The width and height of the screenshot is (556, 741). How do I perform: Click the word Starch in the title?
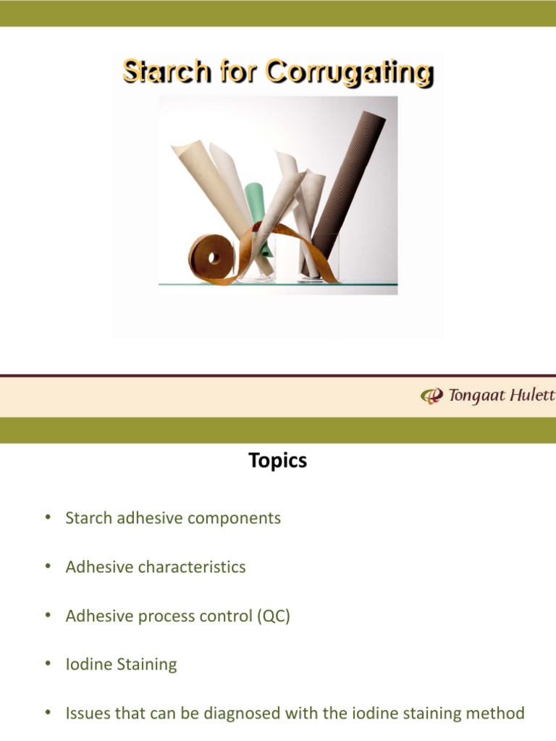(x=157, y=72)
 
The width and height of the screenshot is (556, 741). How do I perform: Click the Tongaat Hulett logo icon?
(x=431, y=396)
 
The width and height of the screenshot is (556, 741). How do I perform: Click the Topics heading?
(x=278, y=460)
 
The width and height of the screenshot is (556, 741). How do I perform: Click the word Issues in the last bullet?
(x=86, y=714)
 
